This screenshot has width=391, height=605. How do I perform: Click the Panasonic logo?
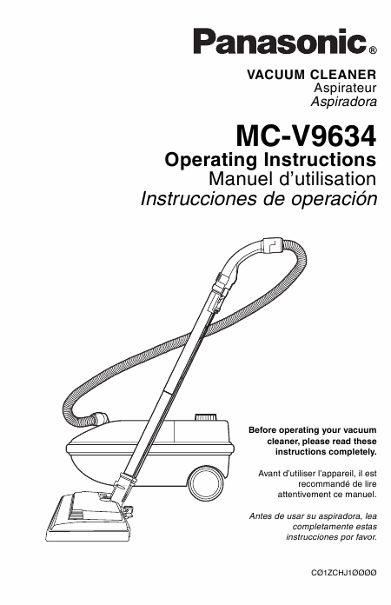click(x=280, y=41)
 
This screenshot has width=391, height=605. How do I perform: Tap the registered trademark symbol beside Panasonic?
click(x=372, y=50)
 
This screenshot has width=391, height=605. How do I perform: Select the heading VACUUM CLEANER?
click(x=312, y=74)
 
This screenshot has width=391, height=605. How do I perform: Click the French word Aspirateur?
click(x=345, y=88)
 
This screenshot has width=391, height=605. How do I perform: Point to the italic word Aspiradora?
click(x=343, y=102)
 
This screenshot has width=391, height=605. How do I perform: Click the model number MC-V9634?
click(x=306, y=136)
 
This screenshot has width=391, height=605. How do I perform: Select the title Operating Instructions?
click(x=270, y=159)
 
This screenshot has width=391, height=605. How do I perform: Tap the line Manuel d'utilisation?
click(x=292, y=179)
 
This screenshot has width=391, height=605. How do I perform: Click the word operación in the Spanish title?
click(x=334, y=199)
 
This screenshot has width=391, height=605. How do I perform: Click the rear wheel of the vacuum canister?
click(x=206, y=482)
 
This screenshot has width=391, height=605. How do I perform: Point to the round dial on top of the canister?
click(x=206, y=417)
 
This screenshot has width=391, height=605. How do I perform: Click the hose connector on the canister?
click(x=99, y=418)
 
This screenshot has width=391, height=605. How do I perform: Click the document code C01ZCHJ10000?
click(x=343, y=573)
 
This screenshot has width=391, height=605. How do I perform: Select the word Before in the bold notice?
click(x=262, y=430)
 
